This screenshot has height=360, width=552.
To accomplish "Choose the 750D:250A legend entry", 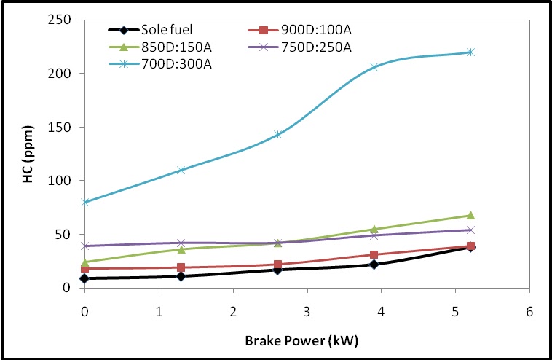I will (309, 47).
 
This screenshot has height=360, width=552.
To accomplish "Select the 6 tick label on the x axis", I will (529, 312).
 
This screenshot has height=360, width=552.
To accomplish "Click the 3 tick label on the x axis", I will (307, 312).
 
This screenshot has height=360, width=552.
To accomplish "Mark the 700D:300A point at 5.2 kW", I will (470, 52).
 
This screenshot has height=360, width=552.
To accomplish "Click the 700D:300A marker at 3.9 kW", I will (374, 67).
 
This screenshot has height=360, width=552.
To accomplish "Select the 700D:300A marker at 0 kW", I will (85, 202).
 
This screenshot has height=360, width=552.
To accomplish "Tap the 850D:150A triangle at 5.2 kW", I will (470, 215).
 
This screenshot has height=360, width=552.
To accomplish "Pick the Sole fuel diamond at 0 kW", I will (85, 278).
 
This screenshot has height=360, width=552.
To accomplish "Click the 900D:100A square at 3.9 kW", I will (374, 255).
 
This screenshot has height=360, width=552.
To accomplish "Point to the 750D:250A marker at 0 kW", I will (85, 246).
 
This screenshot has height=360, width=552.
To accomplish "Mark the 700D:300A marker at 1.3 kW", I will (181, 170).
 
